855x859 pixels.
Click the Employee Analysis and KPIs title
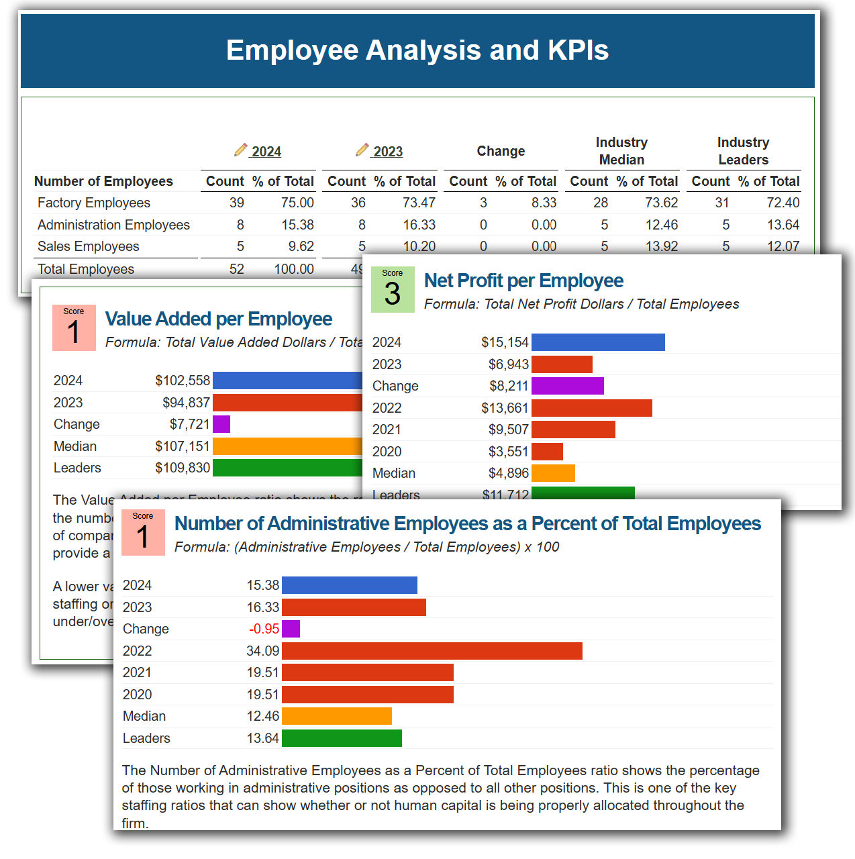pos(417,50)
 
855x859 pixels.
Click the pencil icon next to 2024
pos(240,150)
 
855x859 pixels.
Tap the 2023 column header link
pos(387,152)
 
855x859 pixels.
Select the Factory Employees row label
pos(94,203)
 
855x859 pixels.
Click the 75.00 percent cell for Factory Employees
pos(297,203)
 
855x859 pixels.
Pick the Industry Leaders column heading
pos(743,151)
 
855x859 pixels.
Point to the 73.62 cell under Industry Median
pos(661,203)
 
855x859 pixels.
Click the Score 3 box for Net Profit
pos(393,289)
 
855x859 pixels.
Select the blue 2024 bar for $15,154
pos(597,342)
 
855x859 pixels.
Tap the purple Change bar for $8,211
pos(567,386)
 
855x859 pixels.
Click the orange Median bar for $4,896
pos(553,473)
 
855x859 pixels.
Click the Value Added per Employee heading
pos(219,319)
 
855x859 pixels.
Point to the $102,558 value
pos(183,381)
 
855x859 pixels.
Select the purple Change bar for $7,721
pos(221,424)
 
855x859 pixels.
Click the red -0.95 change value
pos(264,629)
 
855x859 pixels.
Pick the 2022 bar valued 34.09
pos(432,651)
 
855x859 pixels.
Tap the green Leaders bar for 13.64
pos(342,738)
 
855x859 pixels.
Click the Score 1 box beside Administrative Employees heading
pos(143,532)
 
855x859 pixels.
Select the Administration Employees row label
pos(113,225)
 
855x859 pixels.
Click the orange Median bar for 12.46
pos(336,716)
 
